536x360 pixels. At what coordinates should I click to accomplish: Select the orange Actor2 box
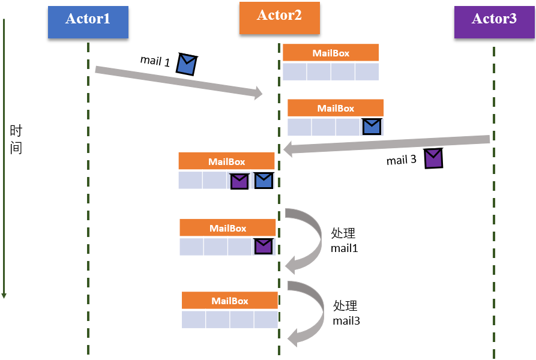(279, 16)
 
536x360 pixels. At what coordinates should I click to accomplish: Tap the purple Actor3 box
(494, 20)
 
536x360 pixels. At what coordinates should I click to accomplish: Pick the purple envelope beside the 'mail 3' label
(433, 158)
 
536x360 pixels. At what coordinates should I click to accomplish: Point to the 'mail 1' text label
(155, 61)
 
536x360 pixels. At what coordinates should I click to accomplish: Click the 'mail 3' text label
(401, 160)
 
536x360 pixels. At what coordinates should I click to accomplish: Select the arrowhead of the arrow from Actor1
(259, 93)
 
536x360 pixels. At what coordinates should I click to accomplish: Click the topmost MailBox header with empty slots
(331, 53)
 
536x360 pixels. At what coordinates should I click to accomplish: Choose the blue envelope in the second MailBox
(372, 127)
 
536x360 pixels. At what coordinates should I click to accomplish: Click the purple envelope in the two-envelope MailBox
(240, 181)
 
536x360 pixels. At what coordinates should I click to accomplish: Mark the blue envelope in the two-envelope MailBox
(263, 181)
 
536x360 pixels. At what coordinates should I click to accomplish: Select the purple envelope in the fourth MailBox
(263, 246)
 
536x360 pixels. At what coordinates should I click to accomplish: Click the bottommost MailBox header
(229, 301)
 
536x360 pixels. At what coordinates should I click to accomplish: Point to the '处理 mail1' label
(345, 240)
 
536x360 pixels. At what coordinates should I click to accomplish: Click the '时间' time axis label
(16, 140)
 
